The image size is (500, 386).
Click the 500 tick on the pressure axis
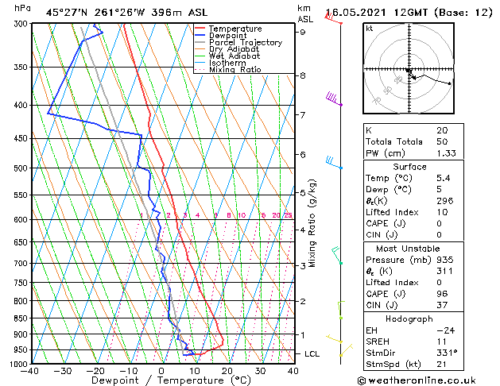click(17, 168)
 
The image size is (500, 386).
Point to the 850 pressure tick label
click(17, 318)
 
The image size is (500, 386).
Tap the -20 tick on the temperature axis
click(95, 370)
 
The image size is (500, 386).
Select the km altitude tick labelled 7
click(302, 115)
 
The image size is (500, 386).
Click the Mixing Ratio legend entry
click(235, 70)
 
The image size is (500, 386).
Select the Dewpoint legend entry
click(227, 36)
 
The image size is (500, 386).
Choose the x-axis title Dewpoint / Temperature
click(161, 381)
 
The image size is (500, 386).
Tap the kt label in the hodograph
click(370, 28)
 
